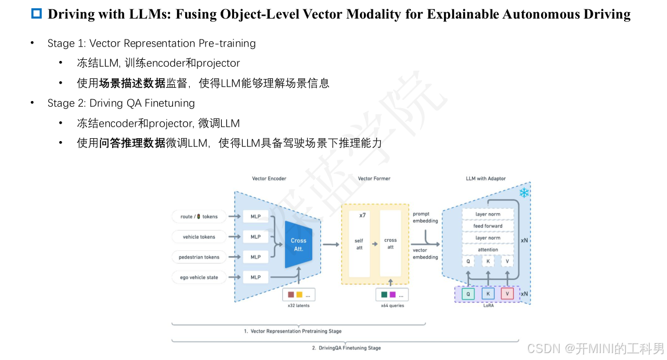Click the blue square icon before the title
pyautogui.click(x=36, y=14)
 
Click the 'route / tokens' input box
pyautogui.click(x=199, y=217)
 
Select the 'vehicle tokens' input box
pyautogui.click(x=199, y=237)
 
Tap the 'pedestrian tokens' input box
pyautogui.click(x=199, y=257)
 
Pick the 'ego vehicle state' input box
pyautogui.click(x=199, y=278)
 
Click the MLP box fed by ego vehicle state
pyautogui.click(x=255, y=278)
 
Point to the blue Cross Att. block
pyautogui.click(x=298, y=244)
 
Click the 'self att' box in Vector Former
pyautogui.click(x=359, y=244)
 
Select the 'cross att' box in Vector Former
pyautogui.click(x=390, y=244)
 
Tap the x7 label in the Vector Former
pyautogui.click(x=362, y=215)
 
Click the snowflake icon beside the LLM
pyautogui.click(x=524, y=193)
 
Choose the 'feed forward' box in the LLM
pyautogui.click(x=488, y=226)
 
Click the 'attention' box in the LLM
pyautogui.click(x=488, y=250)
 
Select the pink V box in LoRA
pyautogui.click(x=507, y=294)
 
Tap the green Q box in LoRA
pyautogui.click(x=468, y=294)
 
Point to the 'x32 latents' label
pyautogui.click(x=299, y=305)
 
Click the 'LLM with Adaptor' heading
pyautogui.click(x=485, y=179)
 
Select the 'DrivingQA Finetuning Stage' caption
pyautogui.click(x=346, y=348)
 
